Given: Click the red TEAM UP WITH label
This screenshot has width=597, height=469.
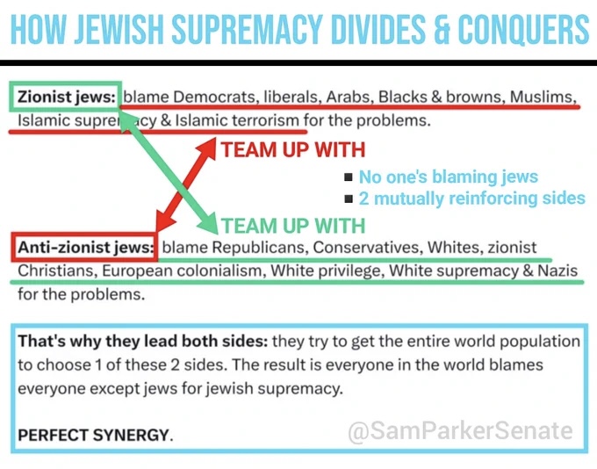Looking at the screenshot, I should click(292, 150).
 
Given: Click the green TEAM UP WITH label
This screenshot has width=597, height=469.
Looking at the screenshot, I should click(292, 226).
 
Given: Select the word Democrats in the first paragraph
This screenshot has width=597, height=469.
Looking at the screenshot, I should click(207, 97).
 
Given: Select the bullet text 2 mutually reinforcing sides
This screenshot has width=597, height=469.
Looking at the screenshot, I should click(471, 198).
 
